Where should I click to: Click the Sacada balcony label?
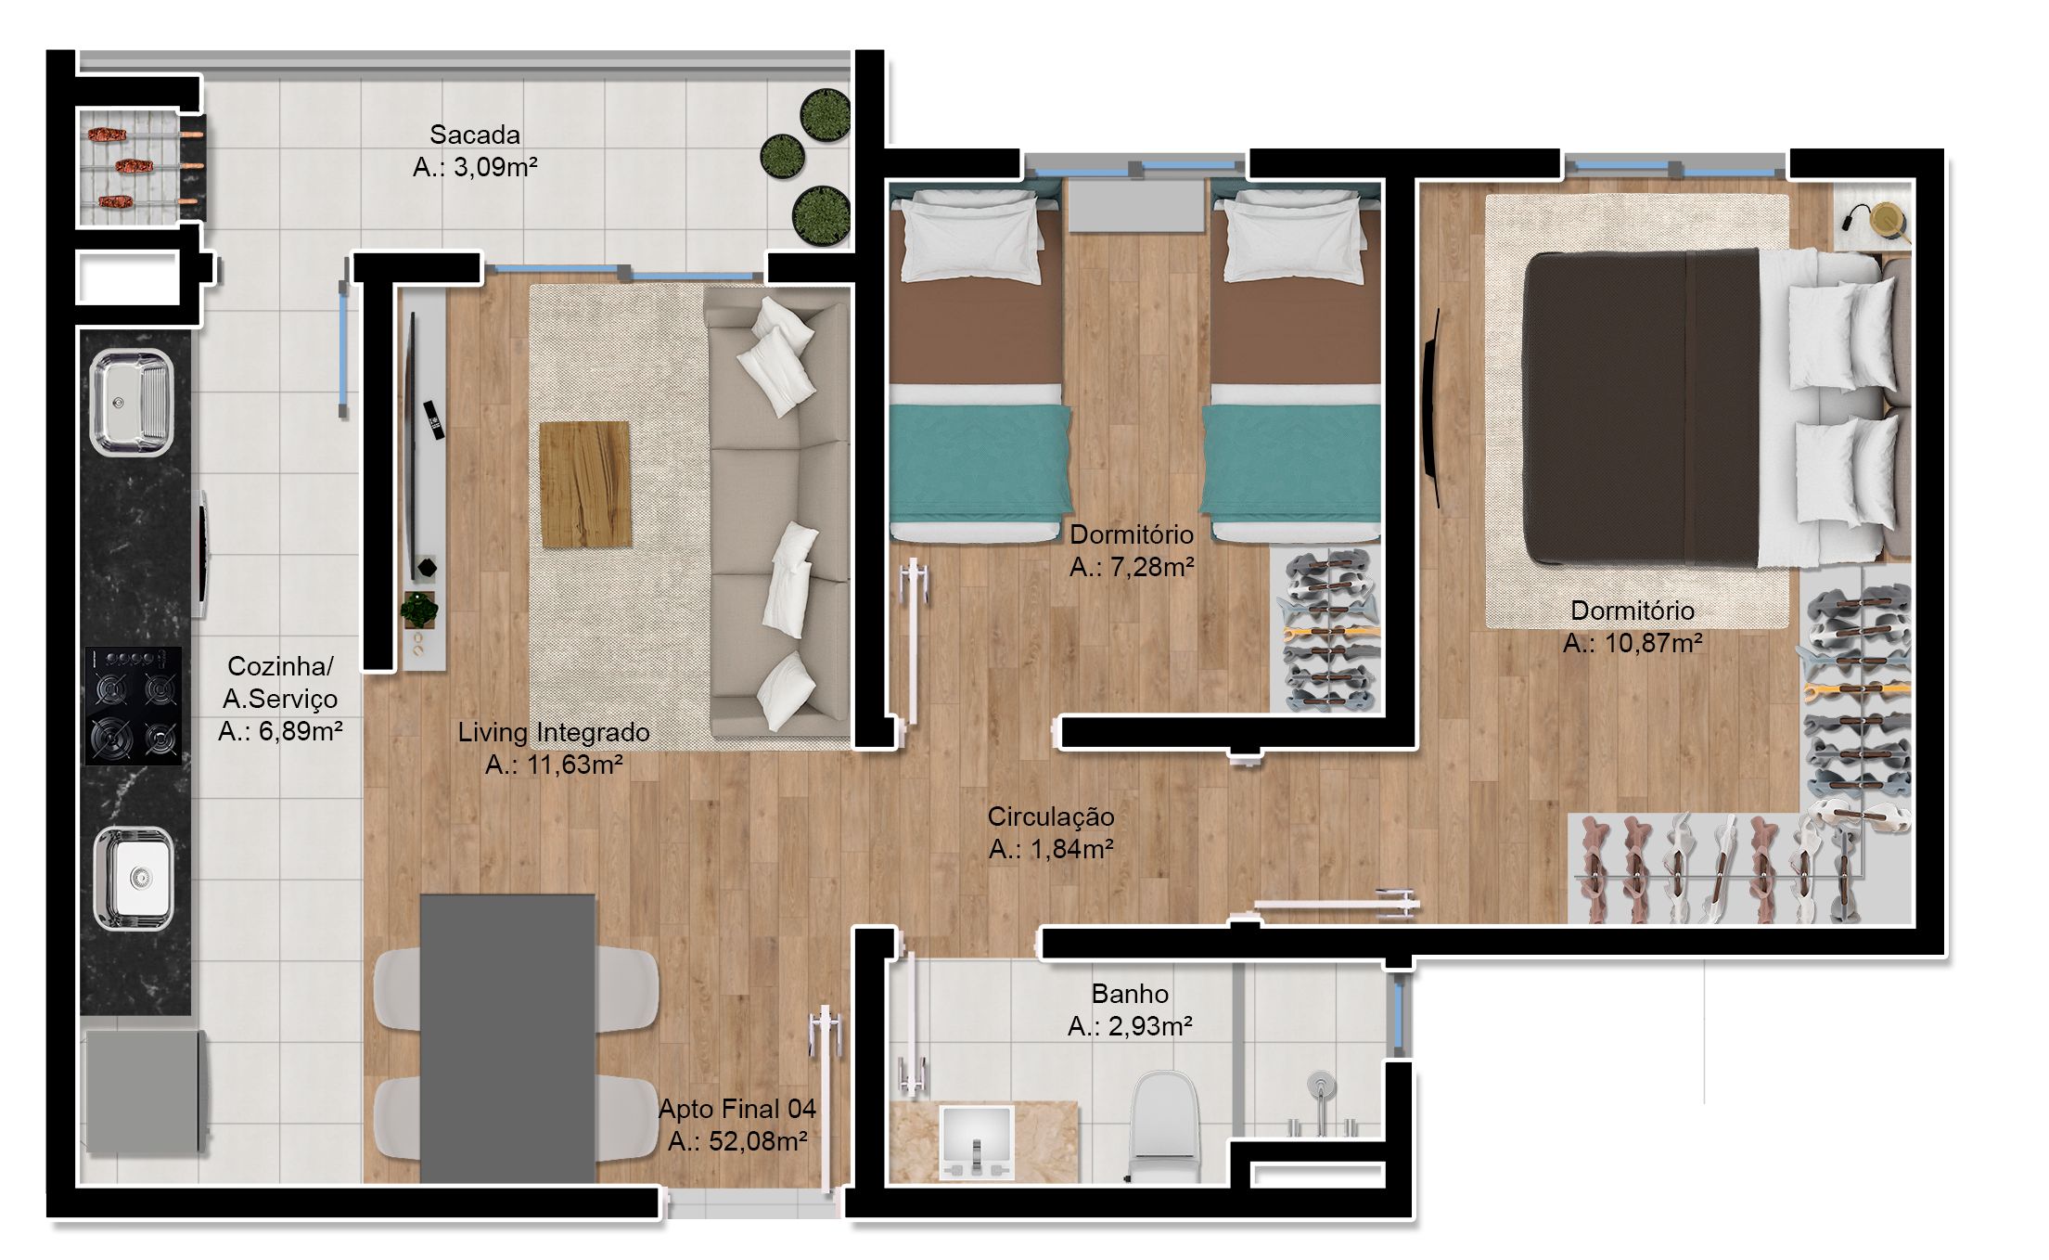[x=474, y=135]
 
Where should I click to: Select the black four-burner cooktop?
[x=133, y=705]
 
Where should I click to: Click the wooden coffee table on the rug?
[x=584, y=484]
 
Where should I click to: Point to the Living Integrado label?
[x=553, y=733]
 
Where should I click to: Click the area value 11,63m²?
[x=553, y=765]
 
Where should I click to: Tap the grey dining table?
[x=507, y=1038]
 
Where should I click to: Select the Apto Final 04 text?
[x=737, y=1109]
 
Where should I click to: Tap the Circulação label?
[x=1050, y=816]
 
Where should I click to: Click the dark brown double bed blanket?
[x=1642, y=408]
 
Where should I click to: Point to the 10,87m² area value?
[x=1633, y=643]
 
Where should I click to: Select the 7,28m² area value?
[x=1132, y=567]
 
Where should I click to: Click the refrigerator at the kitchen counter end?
[x=144, y=1091]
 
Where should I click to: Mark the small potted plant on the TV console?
[x=419, y=610]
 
